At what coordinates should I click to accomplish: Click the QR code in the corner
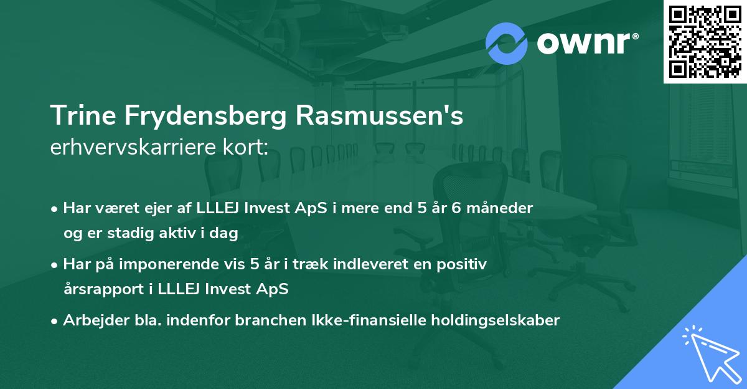(705, 41)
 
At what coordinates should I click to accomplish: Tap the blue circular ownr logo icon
(507, 43)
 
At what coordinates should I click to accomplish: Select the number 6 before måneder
(456, 208)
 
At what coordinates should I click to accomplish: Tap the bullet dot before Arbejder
(55, 321)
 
